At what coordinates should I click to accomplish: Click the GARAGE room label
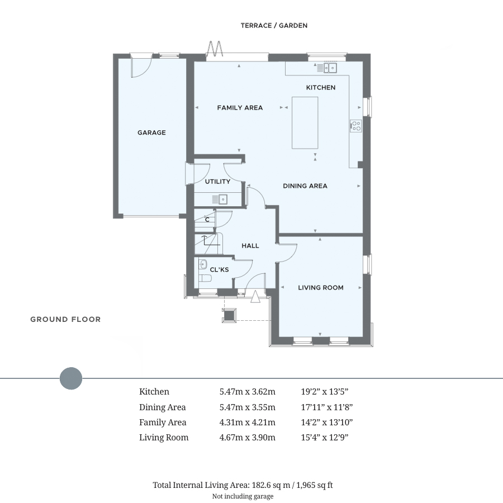(x=151, y=133)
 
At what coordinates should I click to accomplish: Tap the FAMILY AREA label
(x=240, y=108)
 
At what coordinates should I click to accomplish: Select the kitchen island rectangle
(x=305, y=122)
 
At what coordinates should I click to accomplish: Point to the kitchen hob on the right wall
(x=355, y=126)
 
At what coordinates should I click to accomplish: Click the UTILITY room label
(x=217, y=182)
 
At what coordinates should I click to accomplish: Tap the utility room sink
(x=222, y=199)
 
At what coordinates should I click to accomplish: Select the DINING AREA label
(x=305, y=186)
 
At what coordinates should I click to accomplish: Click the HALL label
(x=250, y=246)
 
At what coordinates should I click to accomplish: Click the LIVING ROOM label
(x=320, y=288)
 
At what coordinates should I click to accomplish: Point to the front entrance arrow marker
(x=255, y=296)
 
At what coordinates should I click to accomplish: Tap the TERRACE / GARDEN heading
(x=274, y=26)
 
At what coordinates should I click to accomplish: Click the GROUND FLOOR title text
(x=65, y=320)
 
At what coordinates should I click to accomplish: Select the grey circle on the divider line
(x=71, y=378)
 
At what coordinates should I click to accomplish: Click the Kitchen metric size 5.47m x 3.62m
(x=247, y=392)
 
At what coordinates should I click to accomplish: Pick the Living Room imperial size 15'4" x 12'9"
(x=324, y=438)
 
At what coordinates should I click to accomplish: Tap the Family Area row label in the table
(x=163, y=423)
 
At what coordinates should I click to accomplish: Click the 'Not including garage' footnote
(x=243, y=496)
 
